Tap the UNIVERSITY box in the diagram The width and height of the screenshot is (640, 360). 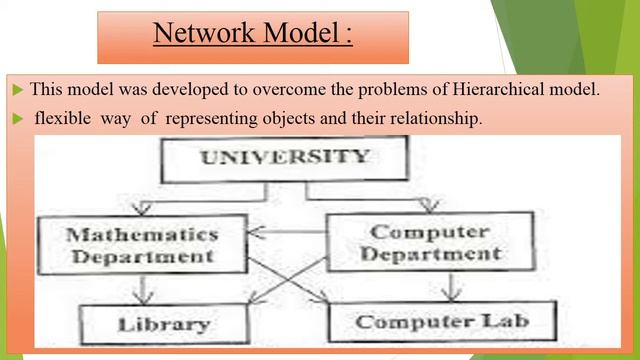pos(284,158)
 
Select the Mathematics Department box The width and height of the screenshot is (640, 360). pos(141,245)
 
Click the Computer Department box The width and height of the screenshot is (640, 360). pos(430,242)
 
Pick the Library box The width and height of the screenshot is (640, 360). pos(164,324)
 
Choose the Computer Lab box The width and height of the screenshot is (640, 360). pos(441,322)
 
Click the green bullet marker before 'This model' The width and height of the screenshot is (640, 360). pos(17,89)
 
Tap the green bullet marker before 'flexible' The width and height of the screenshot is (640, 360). pos(17,118)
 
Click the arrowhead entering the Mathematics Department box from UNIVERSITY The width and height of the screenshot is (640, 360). pos(143,209)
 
